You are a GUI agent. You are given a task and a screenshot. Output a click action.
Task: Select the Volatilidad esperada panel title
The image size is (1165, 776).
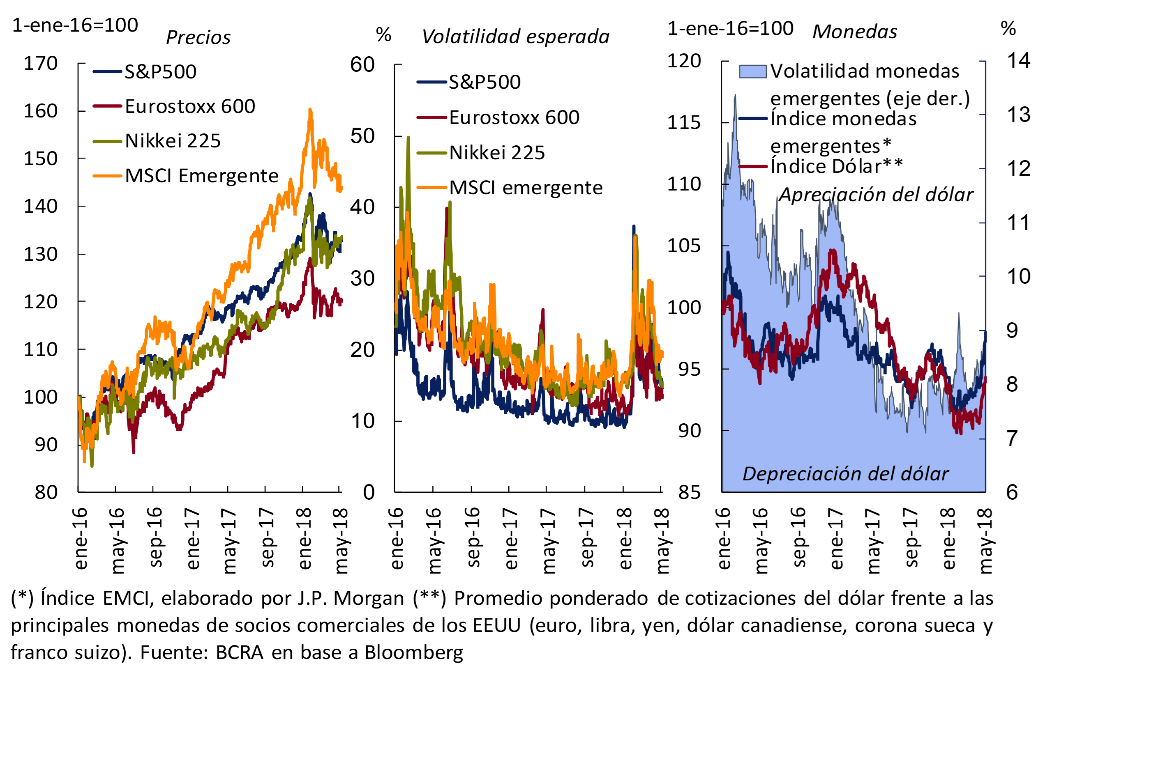pos(515,37)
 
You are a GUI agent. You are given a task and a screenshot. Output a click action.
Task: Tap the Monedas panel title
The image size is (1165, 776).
pos(854,32)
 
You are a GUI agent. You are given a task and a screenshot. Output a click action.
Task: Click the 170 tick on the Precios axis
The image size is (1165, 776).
pos(41,63)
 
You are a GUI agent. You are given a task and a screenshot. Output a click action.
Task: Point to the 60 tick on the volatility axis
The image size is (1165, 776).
pos(362,65)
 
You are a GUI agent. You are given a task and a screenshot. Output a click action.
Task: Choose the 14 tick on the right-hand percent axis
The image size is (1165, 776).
pos(1018,60)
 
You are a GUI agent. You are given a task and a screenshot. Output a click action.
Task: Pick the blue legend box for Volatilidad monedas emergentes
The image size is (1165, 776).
pos(752,72)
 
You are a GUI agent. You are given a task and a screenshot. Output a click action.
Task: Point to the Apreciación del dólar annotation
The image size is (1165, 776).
pos(876,195)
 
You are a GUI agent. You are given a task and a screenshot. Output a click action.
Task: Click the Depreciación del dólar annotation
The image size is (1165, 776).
pos(845,474)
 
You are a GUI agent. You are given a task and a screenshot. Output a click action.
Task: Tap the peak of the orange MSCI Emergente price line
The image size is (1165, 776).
pos(310,110)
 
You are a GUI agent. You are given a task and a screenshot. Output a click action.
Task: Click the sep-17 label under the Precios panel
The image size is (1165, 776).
pos(266,537)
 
